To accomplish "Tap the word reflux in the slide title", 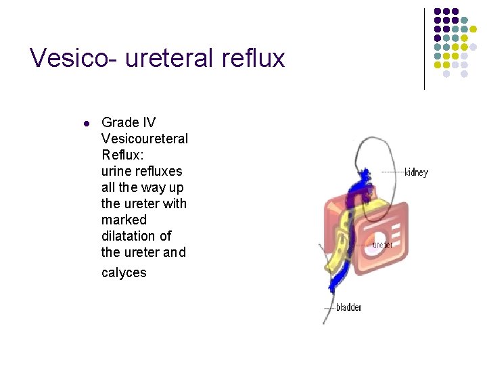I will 253,58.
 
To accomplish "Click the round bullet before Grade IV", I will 85,124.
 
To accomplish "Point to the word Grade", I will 119,122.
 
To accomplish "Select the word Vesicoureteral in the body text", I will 144,139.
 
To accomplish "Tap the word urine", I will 116,171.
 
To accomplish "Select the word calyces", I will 124,273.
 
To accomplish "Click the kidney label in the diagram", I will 416,172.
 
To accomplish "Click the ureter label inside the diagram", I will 382,245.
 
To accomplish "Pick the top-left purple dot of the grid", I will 438,12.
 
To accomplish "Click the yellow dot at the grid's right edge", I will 482,30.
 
